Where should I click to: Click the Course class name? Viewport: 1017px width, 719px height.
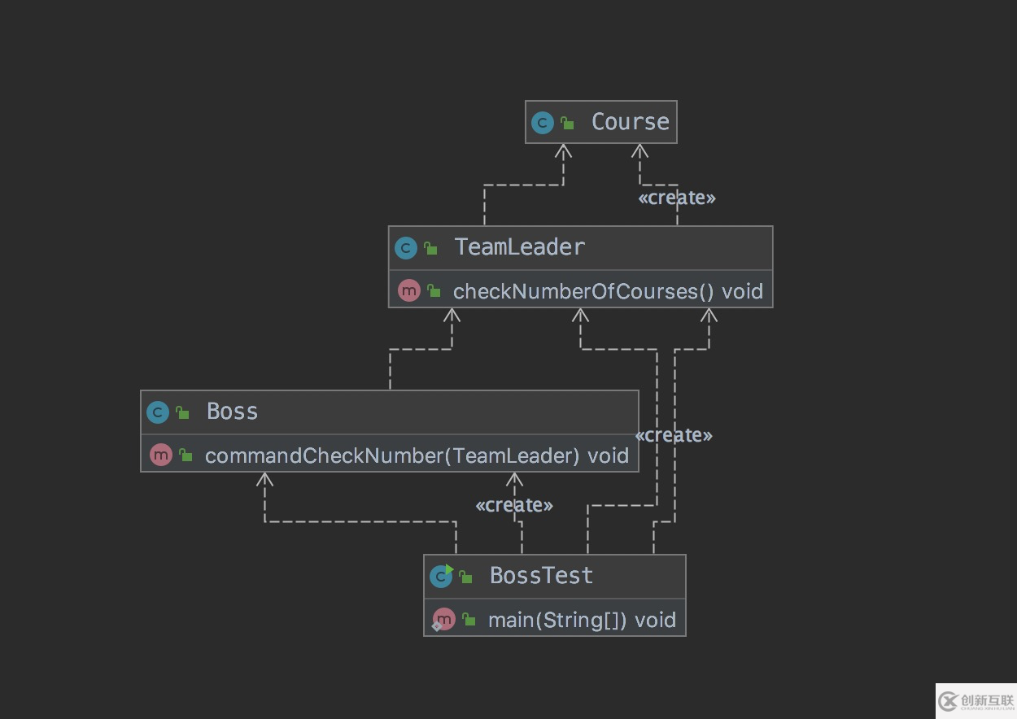630,122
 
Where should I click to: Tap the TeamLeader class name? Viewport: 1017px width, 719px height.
519,247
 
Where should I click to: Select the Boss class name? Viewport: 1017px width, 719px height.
232,412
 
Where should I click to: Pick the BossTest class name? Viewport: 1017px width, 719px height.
541,576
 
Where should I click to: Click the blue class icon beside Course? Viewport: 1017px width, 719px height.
542,123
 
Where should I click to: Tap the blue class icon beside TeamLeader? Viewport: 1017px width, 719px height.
405,248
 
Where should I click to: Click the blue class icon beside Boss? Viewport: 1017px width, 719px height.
157,412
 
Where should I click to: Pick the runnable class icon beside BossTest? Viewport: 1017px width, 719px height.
441,576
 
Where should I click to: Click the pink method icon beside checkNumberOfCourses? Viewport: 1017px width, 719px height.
408,290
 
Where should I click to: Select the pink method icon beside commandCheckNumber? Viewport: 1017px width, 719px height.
161,455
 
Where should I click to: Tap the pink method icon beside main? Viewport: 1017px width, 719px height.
443,620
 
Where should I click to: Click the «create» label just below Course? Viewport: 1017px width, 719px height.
677,198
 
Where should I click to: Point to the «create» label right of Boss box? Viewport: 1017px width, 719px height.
674,435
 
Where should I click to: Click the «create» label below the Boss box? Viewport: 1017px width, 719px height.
514,505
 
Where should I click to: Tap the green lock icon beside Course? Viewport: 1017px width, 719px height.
568,124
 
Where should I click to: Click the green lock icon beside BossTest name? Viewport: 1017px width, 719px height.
466,577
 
